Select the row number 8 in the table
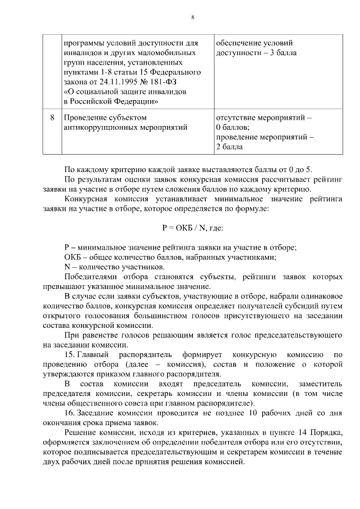(x=52, y=118)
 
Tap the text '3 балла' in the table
(x=282, y=53)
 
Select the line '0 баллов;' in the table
(x=233, y=128)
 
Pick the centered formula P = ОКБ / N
(x=192, y=228)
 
